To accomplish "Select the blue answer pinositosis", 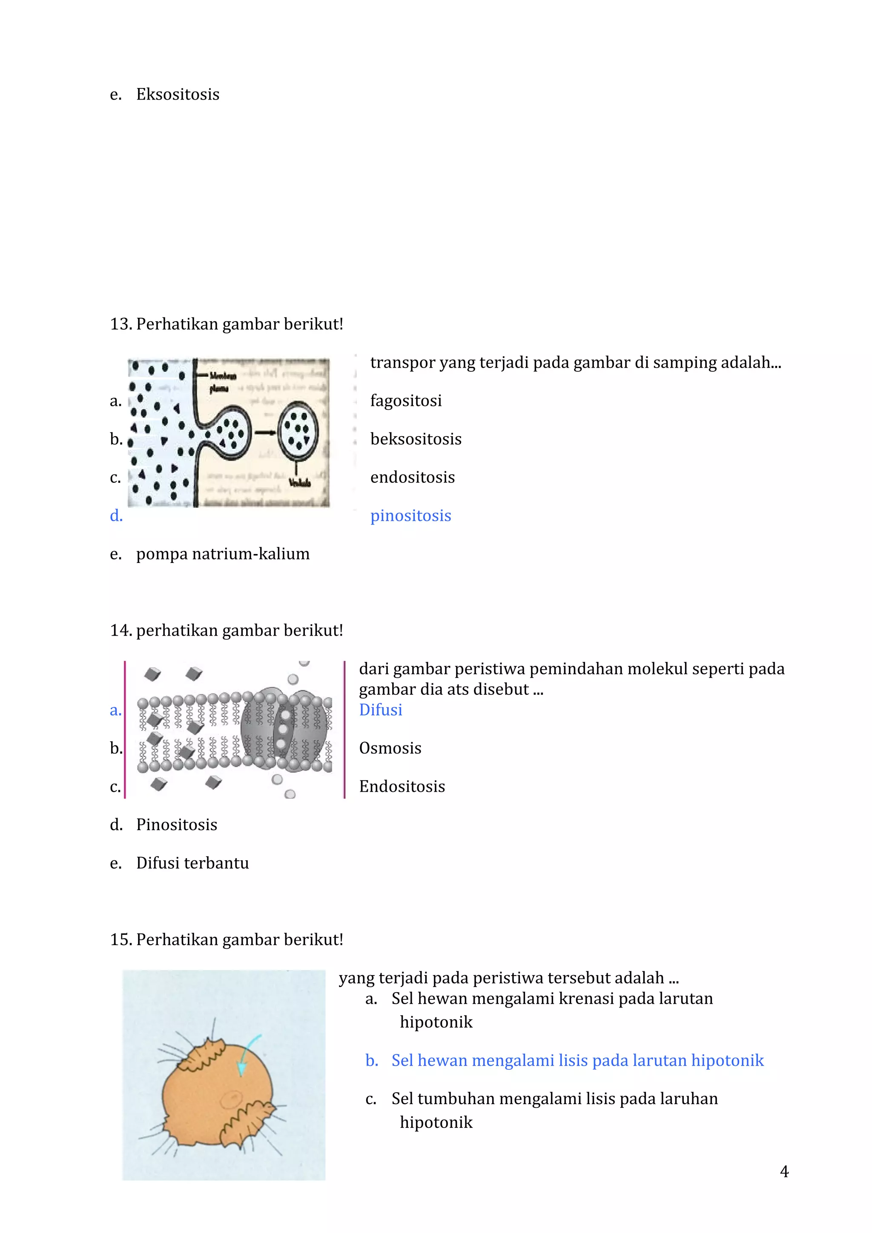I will click(x=410, y=516).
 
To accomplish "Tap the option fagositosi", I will click(x=406, y=401).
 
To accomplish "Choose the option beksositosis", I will click(x=415, y=439).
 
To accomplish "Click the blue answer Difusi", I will click(x=380, y=710).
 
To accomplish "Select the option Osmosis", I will click(x=390, y=748).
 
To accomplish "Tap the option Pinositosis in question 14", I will click(x=176, y=825).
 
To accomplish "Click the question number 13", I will click(x=121, y=324).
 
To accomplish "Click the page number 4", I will click(x=784, y=1172).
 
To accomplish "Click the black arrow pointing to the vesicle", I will click(x=265, y=433).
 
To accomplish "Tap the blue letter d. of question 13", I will click(x=116, y=516).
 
